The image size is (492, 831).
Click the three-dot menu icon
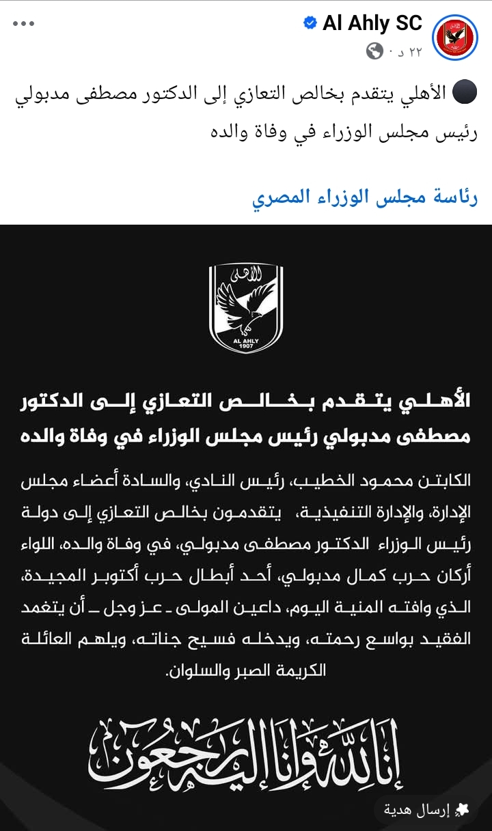23,24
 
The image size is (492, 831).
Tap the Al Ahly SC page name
372,24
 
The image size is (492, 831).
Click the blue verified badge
310,24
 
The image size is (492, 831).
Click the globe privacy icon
374,51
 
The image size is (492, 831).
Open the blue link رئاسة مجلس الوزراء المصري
365,198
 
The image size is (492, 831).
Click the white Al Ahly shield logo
246,309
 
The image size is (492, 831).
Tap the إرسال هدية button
424,810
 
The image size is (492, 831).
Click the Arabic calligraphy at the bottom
246,751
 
